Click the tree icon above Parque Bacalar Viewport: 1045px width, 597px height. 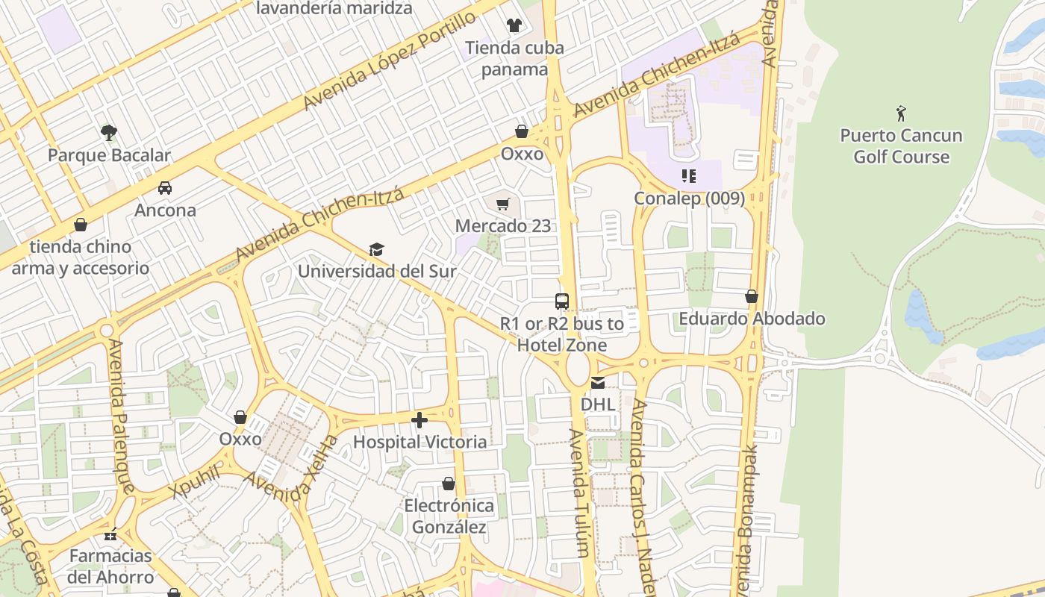click(109, 133)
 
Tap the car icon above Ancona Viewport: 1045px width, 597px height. click(165, 188)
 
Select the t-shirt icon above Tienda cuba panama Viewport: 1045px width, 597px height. click(514, 25)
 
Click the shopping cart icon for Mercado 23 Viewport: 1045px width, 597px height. click(503, 204)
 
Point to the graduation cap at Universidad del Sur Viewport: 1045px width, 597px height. click(376, 249)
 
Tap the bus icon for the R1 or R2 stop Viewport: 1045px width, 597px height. click(562, 301)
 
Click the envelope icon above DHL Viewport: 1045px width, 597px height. click(598, 383)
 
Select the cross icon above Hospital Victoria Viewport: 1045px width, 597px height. click(419, 420)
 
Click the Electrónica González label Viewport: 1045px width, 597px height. click(449, 516)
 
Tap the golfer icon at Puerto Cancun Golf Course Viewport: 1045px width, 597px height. click(901, 114)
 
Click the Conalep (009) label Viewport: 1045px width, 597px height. click(689, 199)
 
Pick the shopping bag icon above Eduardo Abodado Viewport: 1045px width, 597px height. click(752, 297)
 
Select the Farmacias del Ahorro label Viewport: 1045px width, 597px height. click(110, 566)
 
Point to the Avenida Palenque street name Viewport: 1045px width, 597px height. click(121, 416)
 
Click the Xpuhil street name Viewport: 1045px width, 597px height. click(195, 481)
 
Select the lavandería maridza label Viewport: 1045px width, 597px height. click(334, 8)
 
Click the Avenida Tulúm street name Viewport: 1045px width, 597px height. click(579, 493)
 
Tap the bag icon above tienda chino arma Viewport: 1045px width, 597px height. click(80, 225)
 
